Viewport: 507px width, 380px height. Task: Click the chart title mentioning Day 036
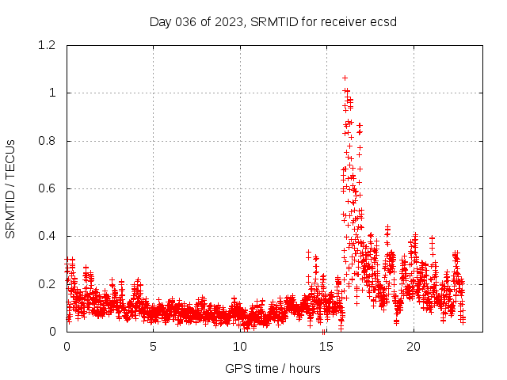click(x=273, y=21)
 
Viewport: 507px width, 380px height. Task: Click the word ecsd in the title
click(x=383, y=21)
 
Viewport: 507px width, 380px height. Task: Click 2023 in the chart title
click(x=227, y=21)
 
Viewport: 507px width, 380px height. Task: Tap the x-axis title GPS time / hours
click(x=273, y=368)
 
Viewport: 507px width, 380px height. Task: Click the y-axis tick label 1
click(x=52, y=93)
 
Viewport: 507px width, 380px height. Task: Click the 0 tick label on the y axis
click(x=52, y=332)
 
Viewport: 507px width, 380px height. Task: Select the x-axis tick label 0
click(x=67, y=347)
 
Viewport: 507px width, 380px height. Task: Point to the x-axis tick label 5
click(x=153, y=347)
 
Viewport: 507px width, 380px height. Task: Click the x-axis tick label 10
click(x=240, y=347)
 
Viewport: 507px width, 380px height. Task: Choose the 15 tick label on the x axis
click(x=326, y=347)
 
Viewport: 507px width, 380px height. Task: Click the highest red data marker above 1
click(x=345, y=78)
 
